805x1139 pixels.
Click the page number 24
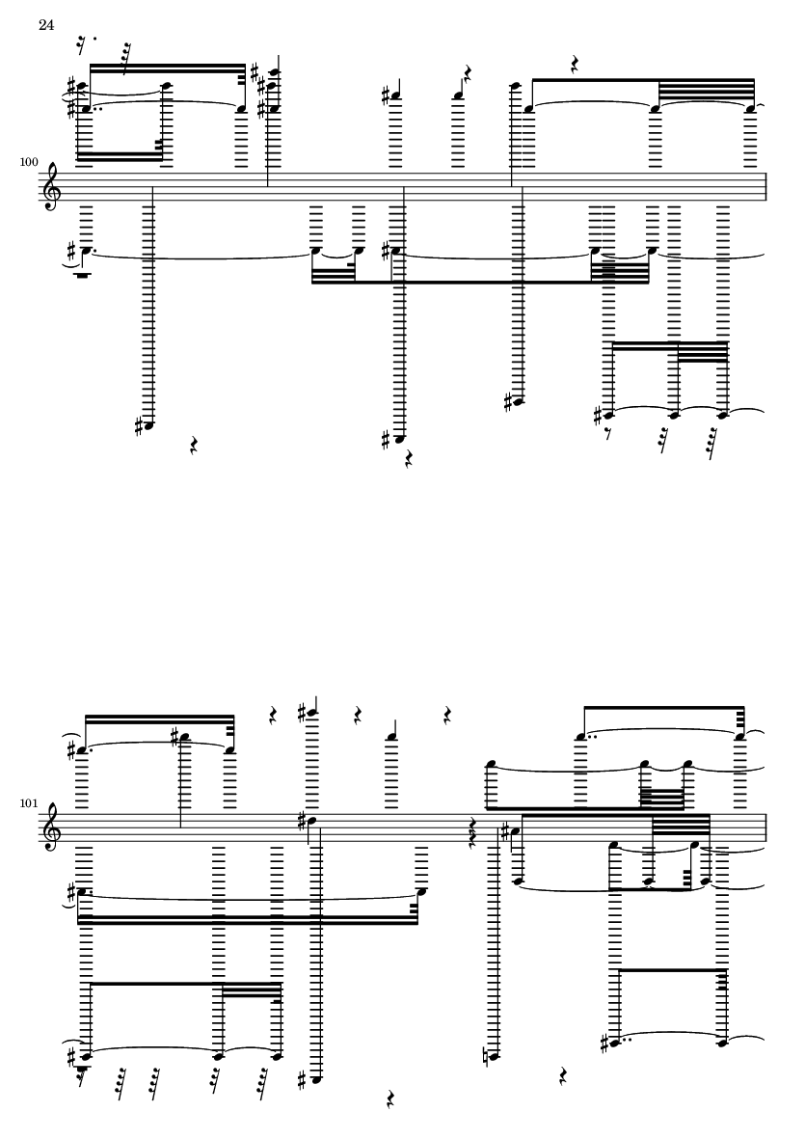click(46, 25)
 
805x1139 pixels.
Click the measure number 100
click(29, 161)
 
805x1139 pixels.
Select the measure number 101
click(29, 803)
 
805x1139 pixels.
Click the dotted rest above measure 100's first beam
click(86, 45)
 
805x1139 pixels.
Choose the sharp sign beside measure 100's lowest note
click(388, 439)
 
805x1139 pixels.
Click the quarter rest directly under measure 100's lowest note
click(408, 458)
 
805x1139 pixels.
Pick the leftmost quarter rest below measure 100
click(195, 446)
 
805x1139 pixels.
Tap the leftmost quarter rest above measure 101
click(273, 716)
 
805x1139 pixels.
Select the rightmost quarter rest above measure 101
click(448, 714)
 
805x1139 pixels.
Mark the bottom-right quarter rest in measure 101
click(563, 1076)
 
